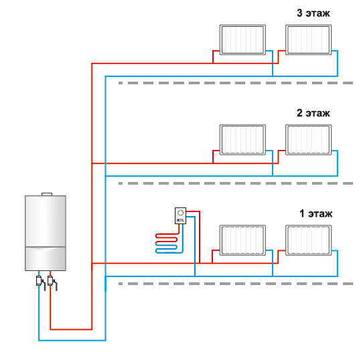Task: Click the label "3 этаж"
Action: click(x=313, y=13)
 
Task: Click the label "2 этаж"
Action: click(x=313, y=113)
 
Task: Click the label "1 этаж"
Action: click(x=316, y=213)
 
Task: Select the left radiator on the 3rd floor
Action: click(x=242, y=39)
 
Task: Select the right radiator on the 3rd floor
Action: click(x=309, y=39)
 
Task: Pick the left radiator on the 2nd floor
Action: click(x=242, y=140)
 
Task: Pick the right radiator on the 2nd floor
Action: click(x=309, y=140)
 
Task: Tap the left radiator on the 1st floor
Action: click(x=242, y=240)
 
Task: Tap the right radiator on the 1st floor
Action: click(x=309, y=240)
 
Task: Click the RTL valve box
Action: click(x=181, y=215)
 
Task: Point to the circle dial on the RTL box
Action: click(x=181, y=213)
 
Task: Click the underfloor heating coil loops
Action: click(x=167, y=244)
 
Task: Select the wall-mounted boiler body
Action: click(x=46, y=233)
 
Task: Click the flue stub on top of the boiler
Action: click(x=47, y=194)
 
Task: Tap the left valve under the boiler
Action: click(x=40, y=282)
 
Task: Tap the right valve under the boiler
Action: click(x=52, y=282)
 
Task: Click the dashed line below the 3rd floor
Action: click(x=236, y=83)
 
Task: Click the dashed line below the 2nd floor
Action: click(x=236, y=183)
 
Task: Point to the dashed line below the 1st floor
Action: click(x=236, y=284)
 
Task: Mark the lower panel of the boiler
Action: click(x=46, y=259)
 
